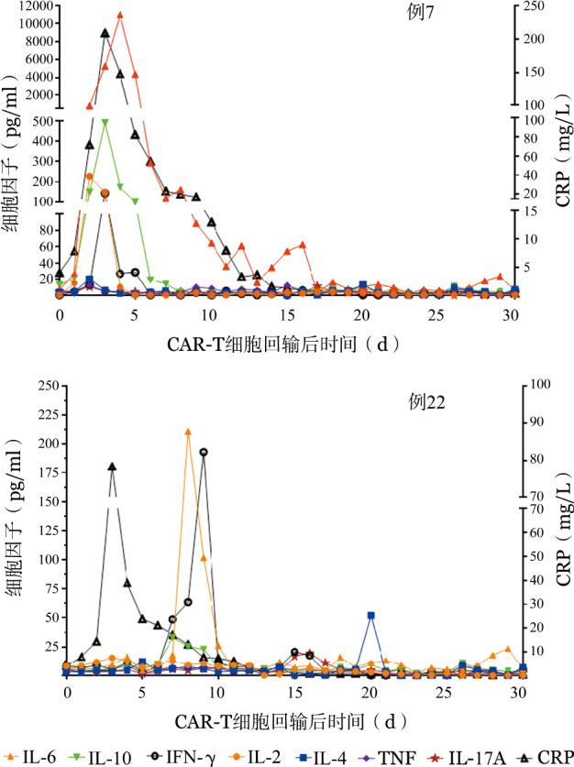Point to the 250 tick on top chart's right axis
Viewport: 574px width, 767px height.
534,6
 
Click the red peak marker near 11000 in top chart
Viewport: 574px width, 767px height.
120,15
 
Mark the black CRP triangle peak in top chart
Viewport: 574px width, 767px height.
105,33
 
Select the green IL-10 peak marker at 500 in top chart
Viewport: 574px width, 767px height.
105,122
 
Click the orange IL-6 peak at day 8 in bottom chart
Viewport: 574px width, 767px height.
188,432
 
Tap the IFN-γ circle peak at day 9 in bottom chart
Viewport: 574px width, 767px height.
204,452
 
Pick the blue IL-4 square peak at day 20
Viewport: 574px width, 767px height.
370,616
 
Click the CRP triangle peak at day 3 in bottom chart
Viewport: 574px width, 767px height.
112,466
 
